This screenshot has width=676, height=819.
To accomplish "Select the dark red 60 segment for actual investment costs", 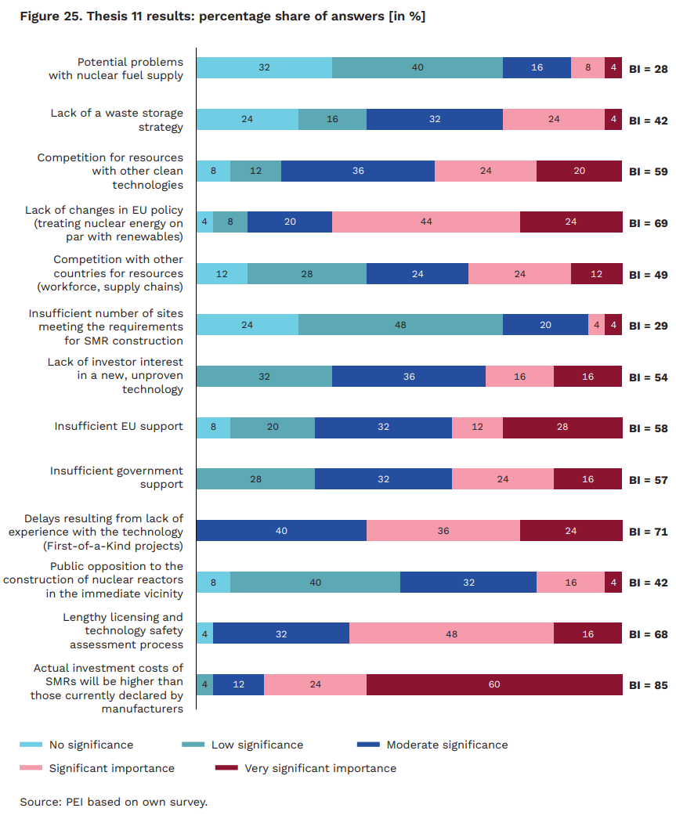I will point(493,684).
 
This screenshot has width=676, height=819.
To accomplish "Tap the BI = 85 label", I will point(648,685).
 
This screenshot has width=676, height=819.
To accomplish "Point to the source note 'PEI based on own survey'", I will point(114,802).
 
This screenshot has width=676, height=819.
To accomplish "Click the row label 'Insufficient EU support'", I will point(118,427).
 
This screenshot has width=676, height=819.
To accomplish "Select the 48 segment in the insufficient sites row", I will point(400,325).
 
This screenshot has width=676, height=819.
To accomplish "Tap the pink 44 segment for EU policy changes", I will point(425,222).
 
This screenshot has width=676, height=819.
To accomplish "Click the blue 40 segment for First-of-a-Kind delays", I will point(281,531).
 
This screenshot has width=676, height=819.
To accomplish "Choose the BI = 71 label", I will point(648,532).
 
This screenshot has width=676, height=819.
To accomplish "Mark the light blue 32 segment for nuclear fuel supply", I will point(264,68).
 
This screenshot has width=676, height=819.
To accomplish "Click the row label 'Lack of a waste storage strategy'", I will point(117,120).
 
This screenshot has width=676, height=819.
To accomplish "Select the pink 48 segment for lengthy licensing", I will point(451,633).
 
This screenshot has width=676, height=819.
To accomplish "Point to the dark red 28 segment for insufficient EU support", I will point(562,428).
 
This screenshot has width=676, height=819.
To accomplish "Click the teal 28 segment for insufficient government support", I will point(255,479).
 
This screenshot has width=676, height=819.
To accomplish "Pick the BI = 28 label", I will point(648,69).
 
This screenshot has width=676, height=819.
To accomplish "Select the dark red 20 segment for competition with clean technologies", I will point(579,171).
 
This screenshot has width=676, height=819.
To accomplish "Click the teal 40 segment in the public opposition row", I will point(315,582).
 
